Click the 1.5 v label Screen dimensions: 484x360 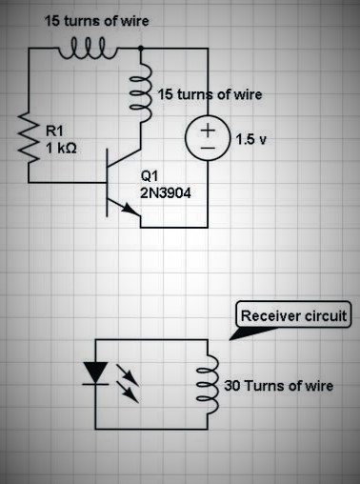[252, 138]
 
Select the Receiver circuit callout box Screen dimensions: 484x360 [296, 315]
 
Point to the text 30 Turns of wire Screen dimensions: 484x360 [276, 386]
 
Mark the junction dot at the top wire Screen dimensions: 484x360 [142, 46]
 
